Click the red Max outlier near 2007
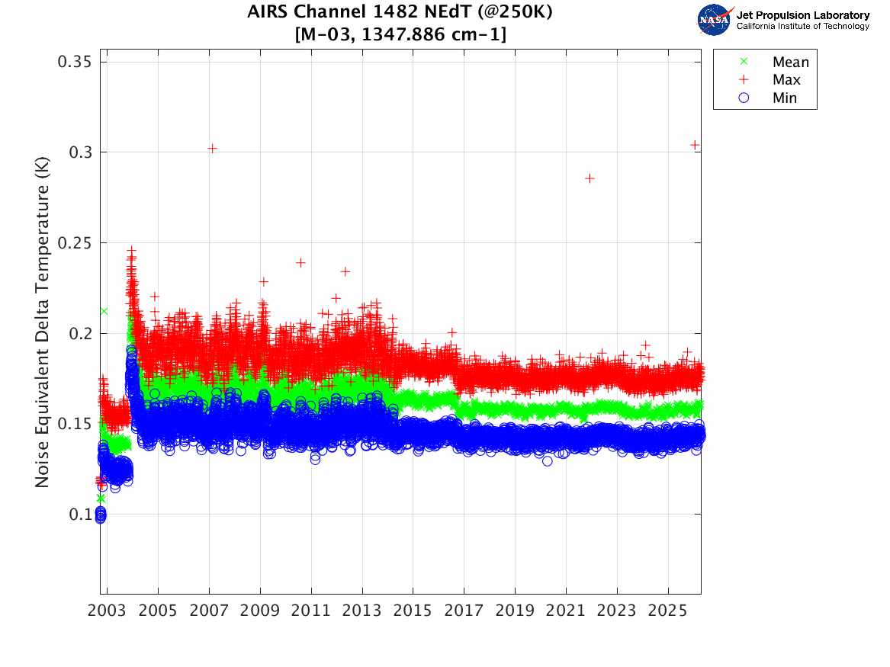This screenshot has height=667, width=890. click(212, 149)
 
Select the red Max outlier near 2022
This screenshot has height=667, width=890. click(590, 178)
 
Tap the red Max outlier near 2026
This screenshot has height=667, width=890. click(695, 145)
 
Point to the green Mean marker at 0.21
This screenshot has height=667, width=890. click(104, 311)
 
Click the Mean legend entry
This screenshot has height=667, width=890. click(776, 62)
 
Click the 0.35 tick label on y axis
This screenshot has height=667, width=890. click(74, 62)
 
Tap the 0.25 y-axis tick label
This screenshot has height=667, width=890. click(74, 242)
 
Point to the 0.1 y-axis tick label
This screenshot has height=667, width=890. click(80, 515)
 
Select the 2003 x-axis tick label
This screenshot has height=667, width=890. click(107, 611)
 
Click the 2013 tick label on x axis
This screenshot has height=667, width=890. click(362, 611)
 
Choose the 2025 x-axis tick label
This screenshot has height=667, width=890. click(668, 611)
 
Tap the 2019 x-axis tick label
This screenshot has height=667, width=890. click(515, 611)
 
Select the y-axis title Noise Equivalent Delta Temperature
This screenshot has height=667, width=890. click(42, 322)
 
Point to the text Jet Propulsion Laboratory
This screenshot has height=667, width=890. click(803, 15)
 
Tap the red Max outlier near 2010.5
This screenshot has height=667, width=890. click(300, 262)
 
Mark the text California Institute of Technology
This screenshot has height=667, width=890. click(803, 26)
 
